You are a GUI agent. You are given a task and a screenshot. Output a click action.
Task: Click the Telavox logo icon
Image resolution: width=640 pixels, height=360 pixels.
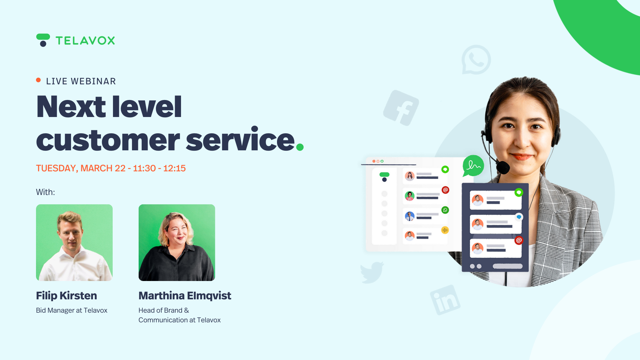click(43, 40)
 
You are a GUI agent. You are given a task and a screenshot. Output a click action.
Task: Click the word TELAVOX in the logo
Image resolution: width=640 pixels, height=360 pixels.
click(85, 41)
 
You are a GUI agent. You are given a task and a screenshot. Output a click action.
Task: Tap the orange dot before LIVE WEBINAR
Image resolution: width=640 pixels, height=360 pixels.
click(38, 80)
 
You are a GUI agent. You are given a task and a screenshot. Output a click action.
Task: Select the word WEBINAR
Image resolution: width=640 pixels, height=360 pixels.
click(93, 81)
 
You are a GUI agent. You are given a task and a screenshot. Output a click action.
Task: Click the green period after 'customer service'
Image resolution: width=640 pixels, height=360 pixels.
click(300, 147)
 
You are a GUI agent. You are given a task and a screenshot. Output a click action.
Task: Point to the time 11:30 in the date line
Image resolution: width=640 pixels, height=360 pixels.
click(144, 168)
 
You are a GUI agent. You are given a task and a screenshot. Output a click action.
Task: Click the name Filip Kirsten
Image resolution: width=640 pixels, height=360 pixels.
click(66, 296)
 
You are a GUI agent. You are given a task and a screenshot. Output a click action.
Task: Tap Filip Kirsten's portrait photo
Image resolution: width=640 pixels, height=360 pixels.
click(74, 243)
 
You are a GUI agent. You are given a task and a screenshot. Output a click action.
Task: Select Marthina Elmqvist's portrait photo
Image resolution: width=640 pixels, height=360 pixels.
click(177, 243)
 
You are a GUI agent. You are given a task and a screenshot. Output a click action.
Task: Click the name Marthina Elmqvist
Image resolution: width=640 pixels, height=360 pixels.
click(185, 296)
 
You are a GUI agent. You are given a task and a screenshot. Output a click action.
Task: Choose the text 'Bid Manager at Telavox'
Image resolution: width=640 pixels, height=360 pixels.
click(72, 310)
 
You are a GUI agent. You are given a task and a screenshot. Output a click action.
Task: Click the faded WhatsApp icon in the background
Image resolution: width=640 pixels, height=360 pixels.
click(476, 60)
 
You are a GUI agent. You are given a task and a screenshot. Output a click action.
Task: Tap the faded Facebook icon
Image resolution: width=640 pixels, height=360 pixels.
click(401, 108)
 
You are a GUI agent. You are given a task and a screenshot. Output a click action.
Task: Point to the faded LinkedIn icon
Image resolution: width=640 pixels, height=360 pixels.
click(445, 300)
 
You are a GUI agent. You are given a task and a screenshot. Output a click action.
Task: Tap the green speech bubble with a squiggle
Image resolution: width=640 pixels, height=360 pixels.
click(473, 166)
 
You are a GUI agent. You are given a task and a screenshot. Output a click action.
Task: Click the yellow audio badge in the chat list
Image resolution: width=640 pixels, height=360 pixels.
click(445, 230)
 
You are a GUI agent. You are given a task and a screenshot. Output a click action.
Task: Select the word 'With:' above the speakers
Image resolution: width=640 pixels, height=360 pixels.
click(45, 192)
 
